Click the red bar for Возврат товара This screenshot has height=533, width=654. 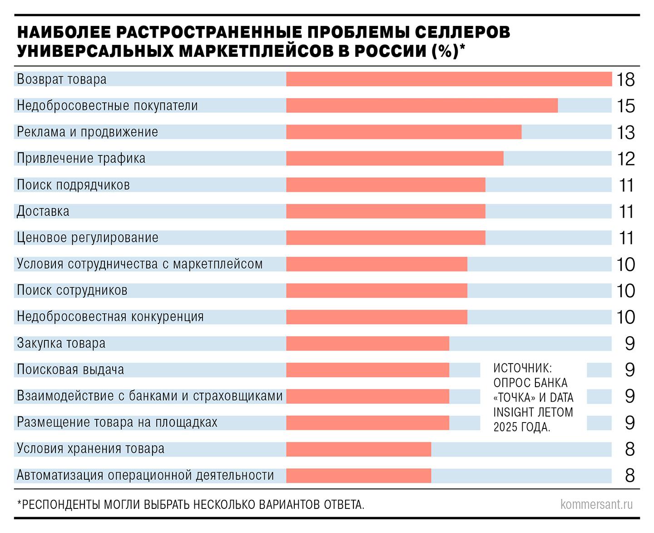[449, 79]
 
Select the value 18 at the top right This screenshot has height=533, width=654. [625, 80]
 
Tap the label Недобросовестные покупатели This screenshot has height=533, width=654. [107, 105]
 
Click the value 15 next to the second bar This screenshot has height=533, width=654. [625, 106]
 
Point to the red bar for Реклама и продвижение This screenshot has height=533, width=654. [404, 132]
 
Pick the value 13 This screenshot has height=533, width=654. [625, 132]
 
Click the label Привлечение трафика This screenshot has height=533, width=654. [81, 158]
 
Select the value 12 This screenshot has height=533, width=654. [625, 159]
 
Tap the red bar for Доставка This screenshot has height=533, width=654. [386, 211]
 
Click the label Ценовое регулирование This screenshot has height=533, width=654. [88, 238]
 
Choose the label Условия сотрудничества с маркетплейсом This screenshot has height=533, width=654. [139, 264]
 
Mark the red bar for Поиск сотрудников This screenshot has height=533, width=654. [377, 290]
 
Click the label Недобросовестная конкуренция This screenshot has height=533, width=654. [110, 317]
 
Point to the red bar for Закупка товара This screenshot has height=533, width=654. [367, 344]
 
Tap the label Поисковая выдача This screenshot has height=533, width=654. [70, 369]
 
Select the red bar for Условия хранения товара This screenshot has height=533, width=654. [358, 449]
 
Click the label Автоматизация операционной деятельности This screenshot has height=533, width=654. [145, 475]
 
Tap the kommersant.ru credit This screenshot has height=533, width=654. [596, 504]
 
